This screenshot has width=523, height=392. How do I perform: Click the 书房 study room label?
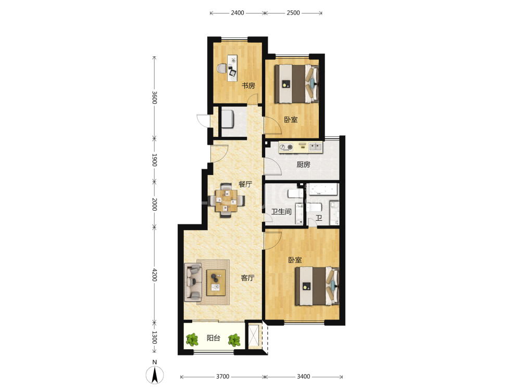248,86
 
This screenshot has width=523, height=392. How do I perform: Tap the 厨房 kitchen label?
303,165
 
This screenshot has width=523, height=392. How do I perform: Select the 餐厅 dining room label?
245,184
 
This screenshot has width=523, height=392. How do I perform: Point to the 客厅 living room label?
247,277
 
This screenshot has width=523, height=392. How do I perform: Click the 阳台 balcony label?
214,338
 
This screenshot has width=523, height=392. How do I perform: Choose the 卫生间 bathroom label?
281,212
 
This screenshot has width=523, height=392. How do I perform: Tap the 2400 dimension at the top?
238,12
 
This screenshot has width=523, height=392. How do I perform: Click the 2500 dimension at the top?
293,12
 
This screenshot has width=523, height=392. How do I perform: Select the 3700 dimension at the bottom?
222,376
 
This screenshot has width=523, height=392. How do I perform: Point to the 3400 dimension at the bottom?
304,376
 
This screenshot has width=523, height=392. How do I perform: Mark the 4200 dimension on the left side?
154,275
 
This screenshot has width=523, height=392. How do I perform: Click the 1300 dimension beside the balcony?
154,337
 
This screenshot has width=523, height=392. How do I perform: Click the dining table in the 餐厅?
226,200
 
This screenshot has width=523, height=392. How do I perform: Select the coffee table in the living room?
216,283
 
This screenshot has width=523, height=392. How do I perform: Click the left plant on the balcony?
192,339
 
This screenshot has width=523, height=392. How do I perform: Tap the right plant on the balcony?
234,340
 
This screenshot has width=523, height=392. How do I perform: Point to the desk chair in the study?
221,68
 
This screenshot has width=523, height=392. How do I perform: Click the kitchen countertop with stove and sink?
301,147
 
